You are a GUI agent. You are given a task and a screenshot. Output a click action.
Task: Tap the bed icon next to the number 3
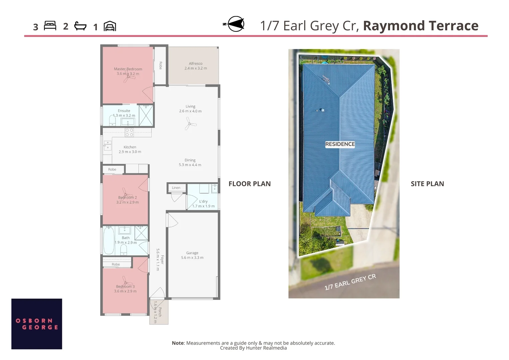click(50, 26)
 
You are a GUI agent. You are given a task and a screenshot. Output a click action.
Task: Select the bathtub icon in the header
click(80, 26)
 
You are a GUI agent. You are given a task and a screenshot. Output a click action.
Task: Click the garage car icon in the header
click(110, 26)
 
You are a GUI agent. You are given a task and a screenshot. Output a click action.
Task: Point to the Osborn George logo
click(37, 324)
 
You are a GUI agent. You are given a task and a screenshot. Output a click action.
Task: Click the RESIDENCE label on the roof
click(340, 144)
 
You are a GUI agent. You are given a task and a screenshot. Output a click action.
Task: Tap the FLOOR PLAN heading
click(250, 184)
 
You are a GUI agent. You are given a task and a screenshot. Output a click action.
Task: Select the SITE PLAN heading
click(427, 184)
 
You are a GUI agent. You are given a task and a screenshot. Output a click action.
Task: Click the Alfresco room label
click(196, 63)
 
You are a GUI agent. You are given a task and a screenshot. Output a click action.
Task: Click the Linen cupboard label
click(176, 188)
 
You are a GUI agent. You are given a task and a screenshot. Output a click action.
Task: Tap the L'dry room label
click(203, 201)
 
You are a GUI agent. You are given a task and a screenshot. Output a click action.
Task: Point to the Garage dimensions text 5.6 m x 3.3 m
click(192, 258)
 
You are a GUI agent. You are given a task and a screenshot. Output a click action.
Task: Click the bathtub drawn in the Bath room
click(109, 240)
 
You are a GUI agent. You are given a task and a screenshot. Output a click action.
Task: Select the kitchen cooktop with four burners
click(129, 132)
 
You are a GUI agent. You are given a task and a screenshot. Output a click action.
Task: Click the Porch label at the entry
click(160, 312)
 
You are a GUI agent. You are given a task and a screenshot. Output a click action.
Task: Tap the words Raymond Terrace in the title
click(420, 26)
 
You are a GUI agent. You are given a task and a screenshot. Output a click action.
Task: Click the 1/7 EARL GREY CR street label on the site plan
click(350, 282)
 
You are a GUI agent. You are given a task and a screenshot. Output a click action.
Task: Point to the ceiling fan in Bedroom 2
click(125, 193)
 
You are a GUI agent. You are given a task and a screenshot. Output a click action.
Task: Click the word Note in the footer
click(178, 343)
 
